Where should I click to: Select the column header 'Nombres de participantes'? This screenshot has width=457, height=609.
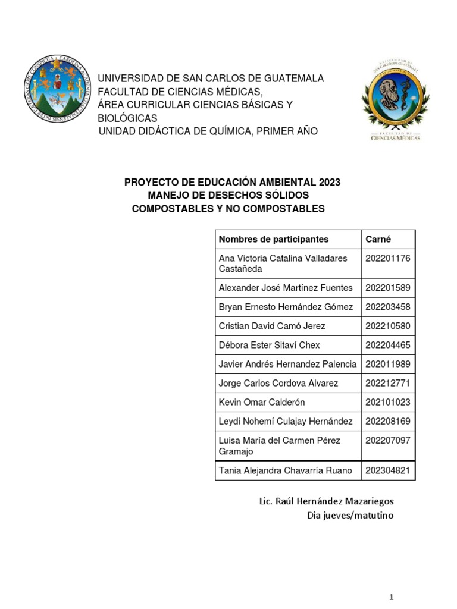coord(273,239)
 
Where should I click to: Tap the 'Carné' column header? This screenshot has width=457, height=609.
coord(378,239)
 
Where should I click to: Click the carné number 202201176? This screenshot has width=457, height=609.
coord(387,258)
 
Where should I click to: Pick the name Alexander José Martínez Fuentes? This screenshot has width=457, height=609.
coord(286,288)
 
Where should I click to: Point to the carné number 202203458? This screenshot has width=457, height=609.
coord(387,307)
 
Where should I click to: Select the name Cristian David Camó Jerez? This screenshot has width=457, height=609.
coord(272,326)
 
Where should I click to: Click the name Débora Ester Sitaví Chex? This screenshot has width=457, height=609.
coord(270,345)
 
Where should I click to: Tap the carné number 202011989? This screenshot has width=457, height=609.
coord(387,364)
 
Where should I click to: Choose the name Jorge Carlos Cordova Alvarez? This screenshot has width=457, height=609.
coord(278,383)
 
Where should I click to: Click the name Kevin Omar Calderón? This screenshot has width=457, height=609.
coord(262,402)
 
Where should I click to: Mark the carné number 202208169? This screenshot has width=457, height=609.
coord(387,421)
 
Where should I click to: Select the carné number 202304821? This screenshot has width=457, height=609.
coord(387,470)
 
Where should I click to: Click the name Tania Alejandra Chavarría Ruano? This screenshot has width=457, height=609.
coord(286,470)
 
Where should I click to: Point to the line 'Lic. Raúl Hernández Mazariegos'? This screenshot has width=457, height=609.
coord(326,501)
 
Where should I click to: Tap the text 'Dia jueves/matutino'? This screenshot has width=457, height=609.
coord(350,515)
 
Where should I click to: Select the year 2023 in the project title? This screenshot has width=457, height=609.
coord(329,182)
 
